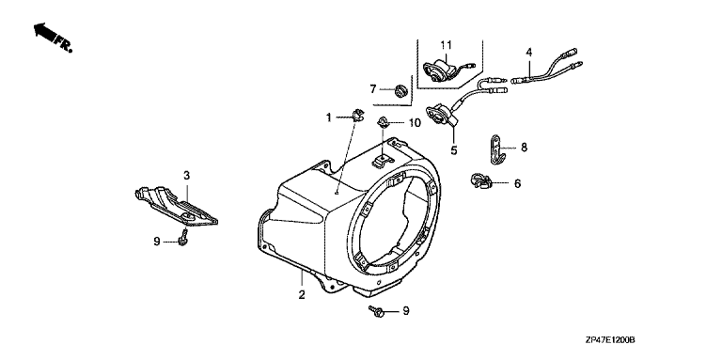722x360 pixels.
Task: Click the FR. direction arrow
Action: click(x=45, y=34)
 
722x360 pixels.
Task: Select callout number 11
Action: click(x=446, y=45)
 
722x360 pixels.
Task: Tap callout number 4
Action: click(x=529, y=52)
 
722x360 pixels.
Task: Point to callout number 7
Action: click(x=373, y=89)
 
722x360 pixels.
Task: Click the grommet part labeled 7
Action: click(x=401, y=90)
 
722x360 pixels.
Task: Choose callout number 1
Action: click(x=329, y=117)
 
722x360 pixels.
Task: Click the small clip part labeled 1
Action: click(x=357, y=114)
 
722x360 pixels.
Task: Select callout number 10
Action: click(x=415, y=122)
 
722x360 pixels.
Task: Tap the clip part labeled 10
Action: click(x=383, y=122)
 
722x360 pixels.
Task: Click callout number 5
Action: click(x=454, y=150)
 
